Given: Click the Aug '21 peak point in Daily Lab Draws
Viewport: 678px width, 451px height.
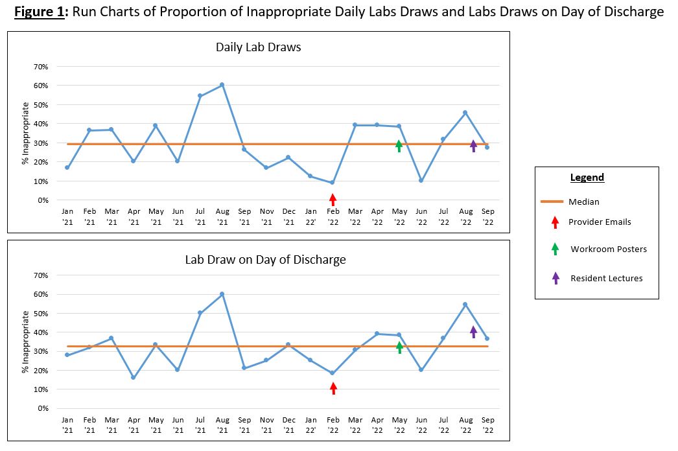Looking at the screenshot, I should [222, 85].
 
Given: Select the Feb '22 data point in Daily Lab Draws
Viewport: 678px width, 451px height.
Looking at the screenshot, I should [333, 183].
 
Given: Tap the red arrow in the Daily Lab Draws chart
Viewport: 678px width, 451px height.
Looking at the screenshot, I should [333, 199].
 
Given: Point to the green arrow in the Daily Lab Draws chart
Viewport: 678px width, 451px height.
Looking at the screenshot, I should [399, 146].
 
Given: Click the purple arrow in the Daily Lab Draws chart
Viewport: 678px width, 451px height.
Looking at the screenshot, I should [473, 146].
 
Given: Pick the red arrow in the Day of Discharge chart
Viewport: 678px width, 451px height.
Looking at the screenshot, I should [333, 388].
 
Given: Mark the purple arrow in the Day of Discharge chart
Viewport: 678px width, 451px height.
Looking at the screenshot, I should [473, 332].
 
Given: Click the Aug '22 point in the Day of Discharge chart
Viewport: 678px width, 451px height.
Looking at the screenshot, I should [465, 304].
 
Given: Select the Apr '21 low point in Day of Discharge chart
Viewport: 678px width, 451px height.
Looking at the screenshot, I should [134, 377].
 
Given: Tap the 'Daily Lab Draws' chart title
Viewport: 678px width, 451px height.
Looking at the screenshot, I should [258, 47].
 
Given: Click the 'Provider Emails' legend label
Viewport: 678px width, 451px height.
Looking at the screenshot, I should [600, 222].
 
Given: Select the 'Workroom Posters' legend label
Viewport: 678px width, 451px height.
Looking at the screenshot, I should [609, 249].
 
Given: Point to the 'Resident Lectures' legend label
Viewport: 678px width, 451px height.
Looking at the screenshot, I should [607, 278].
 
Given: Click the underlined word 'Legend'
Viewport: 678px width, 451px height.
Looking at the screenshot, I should [587, 178].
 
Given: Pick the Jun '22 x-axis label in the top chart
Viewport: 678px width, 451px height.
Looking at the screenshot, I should [421, 216].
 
